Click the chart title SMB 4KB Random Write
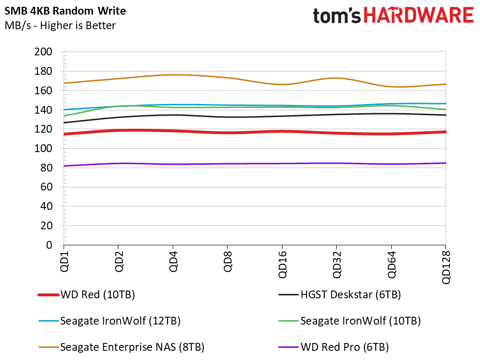click(x=65, y=11)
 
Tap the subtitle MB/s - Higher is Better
click(x=60, y=25)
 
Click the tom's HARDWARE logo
click(x=394, y=16)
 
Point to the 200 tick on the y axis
click(x=43, y=52)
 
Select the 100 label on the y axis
click(x=43, y=149)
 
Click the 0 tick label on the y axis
click(x=49, y=245)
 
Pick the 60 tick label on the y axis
click(x=46, y=187)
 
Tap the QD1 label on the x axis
click(x=64, y=261)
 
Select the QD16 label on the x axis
click(x=282, y=264)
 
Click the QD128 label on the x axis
click(x=446, y=267)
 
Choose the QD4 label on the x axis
click(x=173, y=261)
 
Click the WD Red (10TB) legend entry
click(x=86, y=295)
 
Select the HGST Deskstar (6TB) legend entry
click(x=339, y=295)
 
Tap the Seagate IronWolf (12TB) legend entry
click(x=109, y=321)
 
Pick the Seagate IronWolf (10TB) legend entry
click(x=349, y=321)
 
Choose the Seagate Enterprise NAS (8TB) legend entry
click(x=121, y=347)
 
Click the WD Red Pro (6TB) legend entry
click(x=333, y=347)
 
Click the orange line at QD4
click(x=173, y=75)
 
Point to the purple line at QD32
click(x=336, y=163)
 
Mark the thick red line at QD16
click(x=282, y=132)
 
